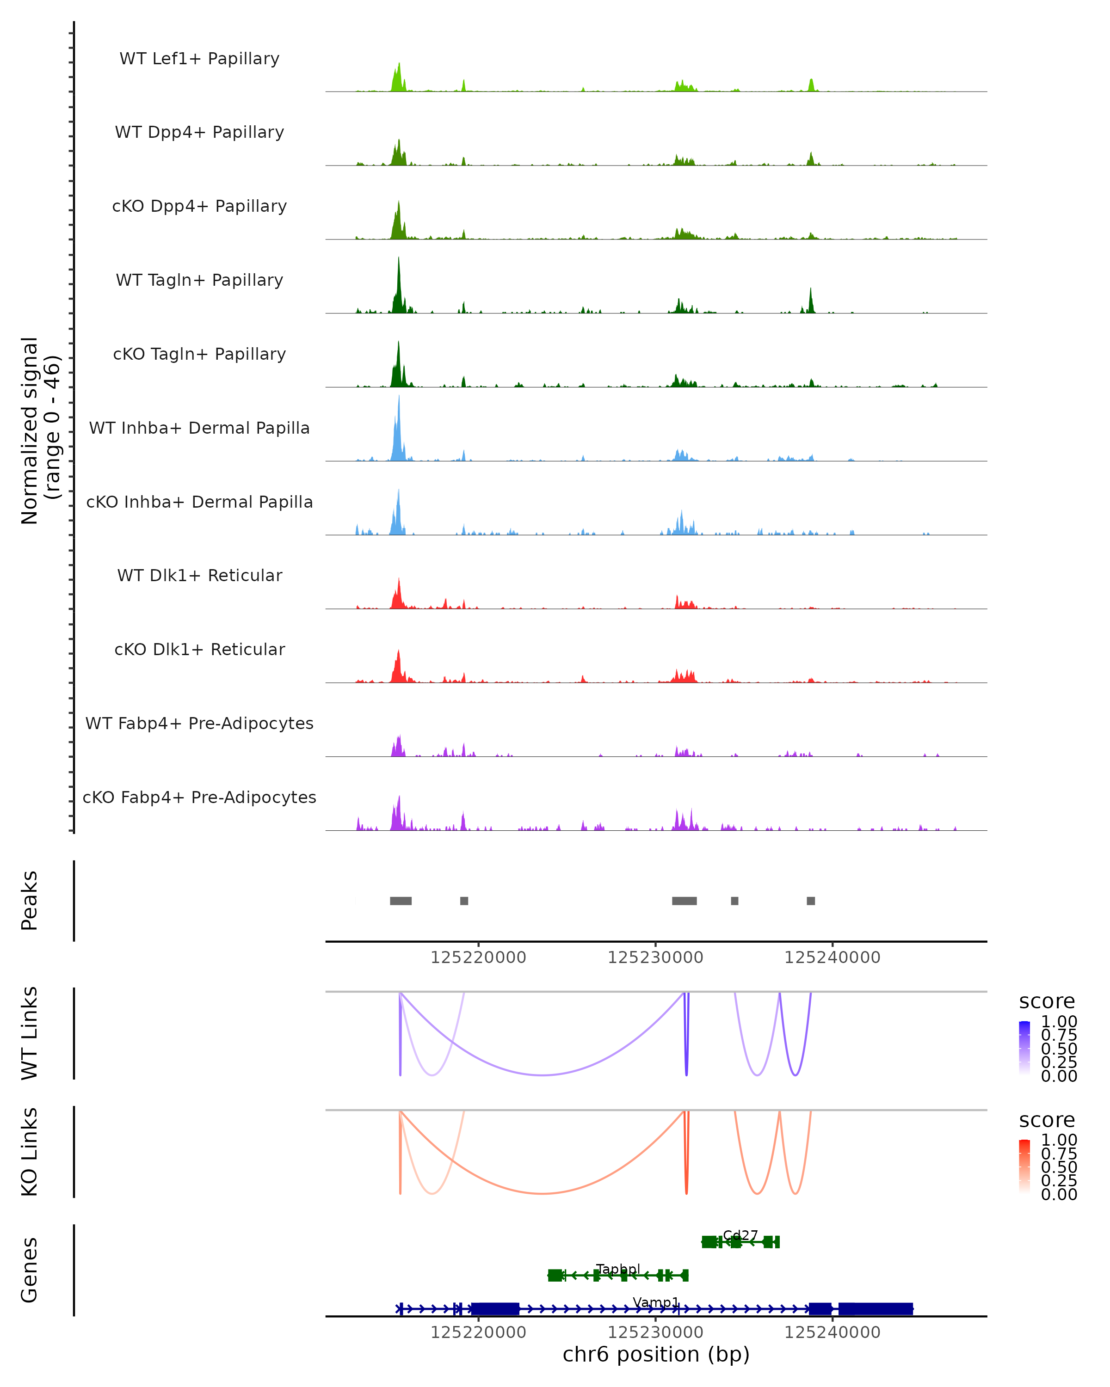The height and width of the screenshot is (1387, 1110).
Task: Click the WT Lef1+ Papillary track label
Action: pos(199,59)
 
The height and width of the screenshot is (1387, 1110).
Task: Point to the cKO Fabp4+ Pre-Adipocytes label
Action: pos(199,797)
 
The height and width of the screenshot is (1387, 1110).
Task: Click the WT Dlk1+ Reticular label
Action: pos(199,575)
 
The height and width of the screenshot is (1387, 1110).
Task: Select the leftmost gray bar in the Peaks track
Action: pos(401,901)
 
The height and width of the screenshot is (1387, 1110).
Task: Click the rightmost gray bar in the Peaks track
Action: pos(811,901)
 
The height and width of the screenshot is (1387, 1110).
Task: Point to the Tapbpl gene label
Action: pos(618,1269)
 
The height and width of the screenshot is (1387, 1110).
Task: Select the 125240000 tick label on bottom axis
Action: pos(832,1332)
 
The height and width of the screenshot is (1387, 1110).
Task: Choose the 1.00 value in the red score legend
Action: pos(1059,1140)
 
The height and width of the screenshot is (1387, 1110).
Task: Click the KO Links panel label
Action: pos(30,1152)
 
